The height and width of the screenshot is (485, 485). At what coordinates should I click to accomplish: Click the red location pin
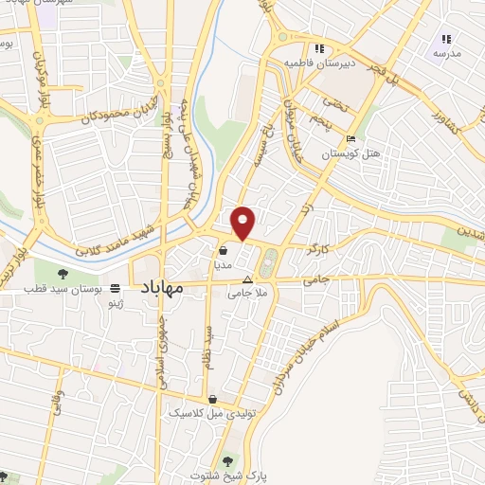coord(244,223)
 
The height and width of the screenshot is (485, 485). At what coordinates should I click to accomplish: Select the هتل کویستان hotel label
coord(350,153)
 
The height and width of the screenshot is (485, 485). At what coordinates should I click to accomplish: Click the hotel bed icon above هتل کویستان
coord(351,138)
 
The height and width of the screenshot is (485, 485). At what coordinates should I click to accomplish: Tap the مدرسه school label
coord(446,54)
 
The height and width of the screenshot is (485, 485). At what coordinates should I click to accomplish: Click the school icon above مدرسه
coord(446,39)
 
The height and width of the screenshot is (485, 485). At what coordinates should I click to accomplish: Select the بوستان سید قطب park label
coord(64,287)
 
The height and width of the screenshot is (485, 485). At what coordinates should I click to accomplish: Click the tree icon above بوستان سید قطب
coord(64,274)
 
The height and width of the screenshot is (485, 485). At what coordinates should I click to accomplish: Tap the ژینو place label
coord(115,302)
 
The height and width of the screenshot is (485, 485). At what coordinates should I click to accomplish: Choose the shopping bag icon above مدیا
coord(222,251)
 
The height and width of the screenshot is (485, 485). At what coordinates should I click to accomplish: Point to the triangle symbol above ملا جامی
coord(247,279)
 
